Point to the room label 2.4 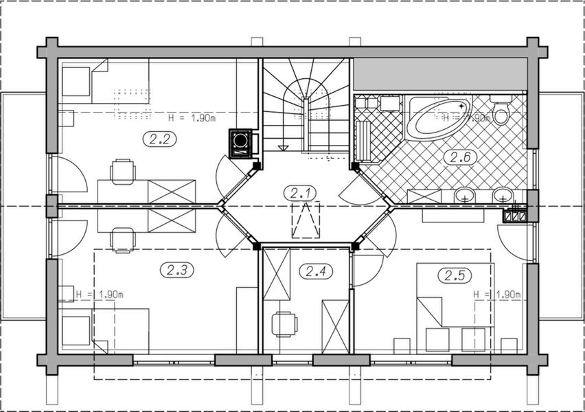[315, 271]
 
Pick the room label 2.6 [459, 157]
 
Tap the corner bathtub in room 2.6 [439, 115]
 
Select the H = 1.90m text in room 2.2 [192, 117]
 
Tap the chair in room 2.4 [284, 323]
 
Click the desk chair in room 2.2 [123, 171]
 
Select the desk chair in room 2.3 [123, 239]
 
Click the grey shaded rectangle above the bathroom [439, 73]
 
